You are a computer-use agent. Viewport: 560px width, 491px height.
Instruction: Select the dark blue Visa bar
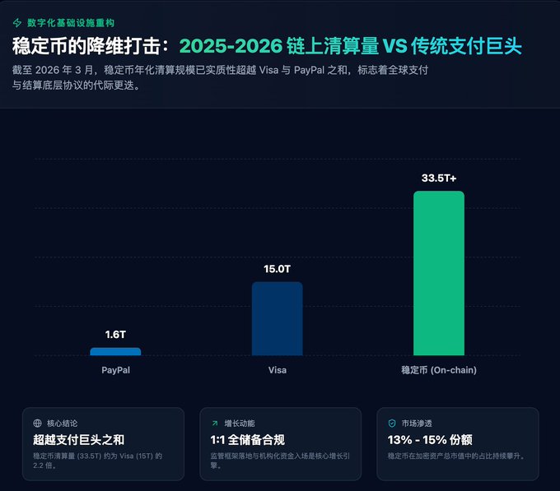click(277, 318)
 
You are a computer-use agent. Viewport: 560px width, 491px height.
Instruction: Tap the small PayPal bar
click(115, 351)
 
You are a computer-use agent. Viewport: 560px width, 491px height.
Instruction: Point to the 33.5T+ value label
click(438, 178)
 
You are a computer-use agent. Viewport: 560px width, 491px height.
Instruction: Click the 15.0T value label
click(277, 268)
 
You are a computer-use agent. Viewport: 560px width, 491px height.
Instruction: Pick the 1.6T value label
click(115, 334)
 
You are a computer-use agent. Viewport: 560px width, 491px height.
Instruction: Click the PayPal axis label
click(115, 370)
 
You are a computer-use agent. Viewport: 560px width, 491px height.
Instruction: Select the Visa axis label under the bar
click(278, 370)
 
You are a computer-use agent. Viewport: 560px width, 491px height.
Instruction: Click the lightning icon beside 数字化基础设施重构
click(17, 22)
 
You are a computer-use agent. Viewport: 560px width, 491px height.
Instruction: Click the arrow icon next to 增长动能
click(215, 423)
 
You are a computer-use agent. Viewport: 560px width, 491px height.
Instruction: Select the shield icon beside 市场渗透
click(392, 423)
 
